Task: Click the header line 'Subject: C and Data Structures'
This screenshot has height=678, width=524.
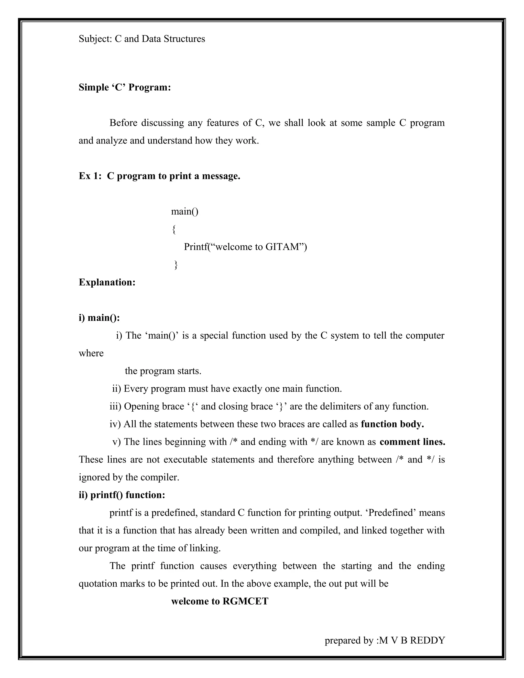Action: (x=142, y=39)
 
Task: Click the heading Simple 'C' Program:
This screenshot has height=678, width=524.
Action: (x=125, y=88)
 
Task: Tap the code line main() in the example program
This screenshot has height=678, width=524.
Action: (x=185, y=211)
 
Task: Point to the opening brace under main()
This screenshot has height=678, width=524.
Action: (x=174, y=230)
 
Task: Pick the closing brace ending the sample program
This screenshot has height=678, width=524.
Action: (x=176, y=265)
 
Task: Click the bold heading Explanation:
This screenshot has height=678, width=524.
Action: (x=107, y=282)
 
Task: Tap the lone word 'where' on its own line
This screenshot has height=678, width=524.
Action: (x=91, y=353)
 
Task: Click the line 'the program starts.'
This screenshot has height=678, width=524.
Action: (x=163, y=371)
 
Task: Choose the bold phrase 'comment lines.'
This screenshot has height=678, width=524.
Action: (x=412, y=442)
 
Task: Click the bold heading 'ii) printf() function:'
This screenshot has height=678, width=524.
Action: (x=122, y=495)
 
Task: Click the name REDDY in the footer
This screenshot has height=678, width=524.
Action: (x=428, y=640)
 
